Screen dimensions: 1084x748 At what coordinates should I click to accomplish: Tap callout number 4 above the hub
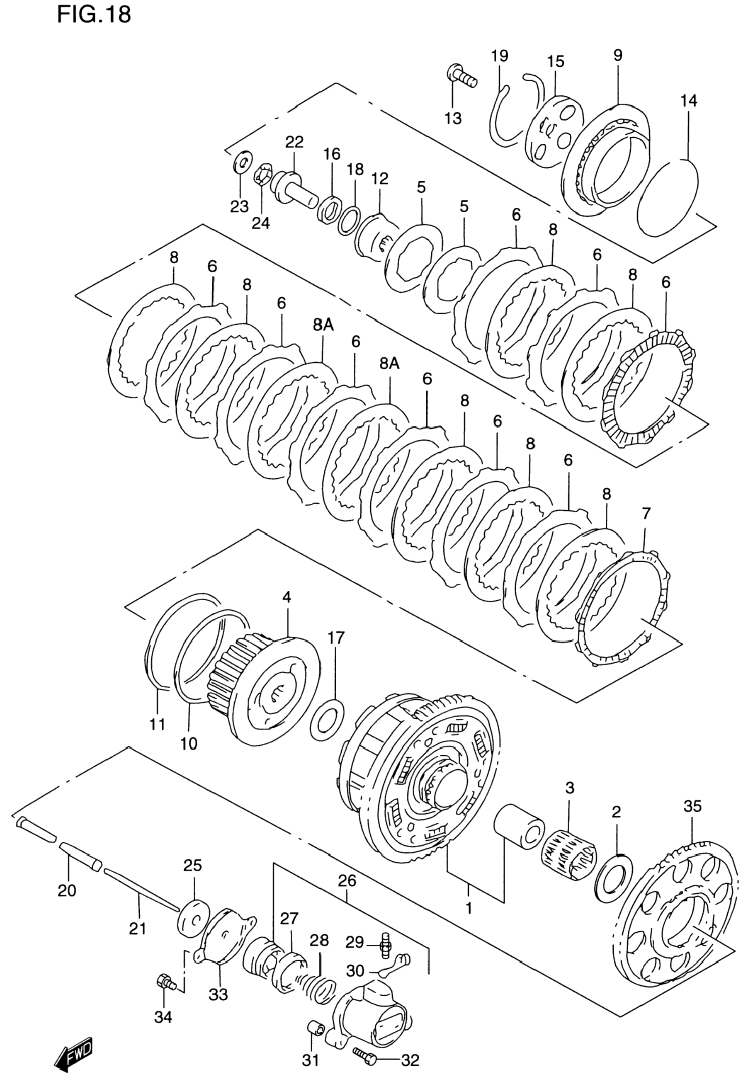[x=287, y=597]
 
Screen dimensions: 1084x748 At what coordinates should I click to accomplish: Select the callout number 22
[x=294, y=142]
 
